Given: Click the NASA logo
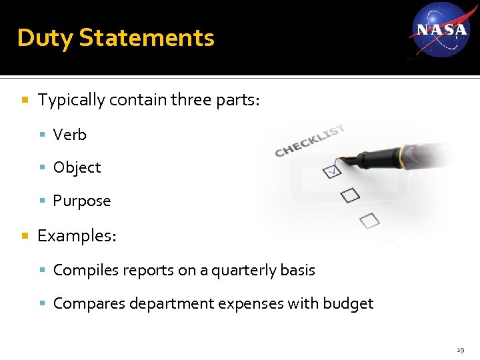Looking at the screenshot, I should coord(441,30).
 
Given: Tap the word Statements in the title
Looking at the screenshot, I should coord(147,38).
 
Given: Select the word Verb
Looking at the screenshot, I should coord(69,135).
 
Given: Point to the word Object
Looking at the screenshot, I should coord(77,167).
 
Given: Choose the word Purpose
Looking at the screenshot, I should coord(81,201).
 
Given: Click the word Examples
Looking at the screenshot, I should coord(76,235).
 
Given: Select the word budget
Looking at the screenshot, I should coord(348,303).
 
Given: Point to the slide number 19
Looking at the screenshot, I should coord(461,349).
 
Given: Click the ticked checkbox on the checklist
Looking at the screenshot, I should coord(331,171).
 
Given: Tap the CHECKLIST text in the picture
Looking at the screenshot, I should coord(310,140).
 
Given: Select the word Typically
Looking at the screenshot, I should coord(71,100).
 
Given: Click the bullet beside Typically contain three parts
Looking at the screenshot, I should coord(25,101).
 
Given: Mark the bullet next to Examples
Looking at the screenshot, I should coord(25,236).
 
